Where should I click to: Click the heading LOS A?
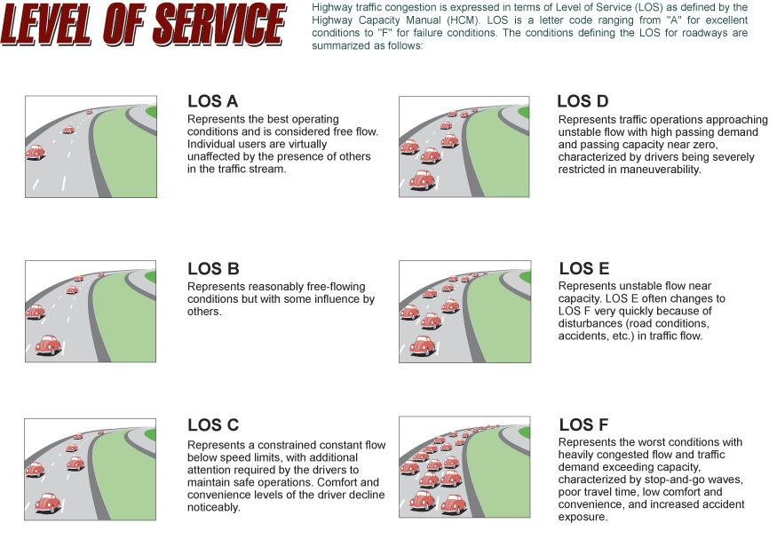coord(213,101)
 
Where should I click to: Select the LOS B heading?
coord(213,269)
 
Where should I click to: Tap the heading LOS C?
coord(213,425)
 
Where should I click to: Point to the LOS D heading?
coord(583,101)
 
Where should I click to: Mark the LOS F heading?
coord(583,425)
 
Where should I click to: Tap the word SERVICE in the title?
coord(218,25)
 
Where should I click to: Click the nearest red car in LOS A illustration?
coord(36,152)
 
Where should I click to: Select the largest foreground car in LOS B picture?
coord(48,345)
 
